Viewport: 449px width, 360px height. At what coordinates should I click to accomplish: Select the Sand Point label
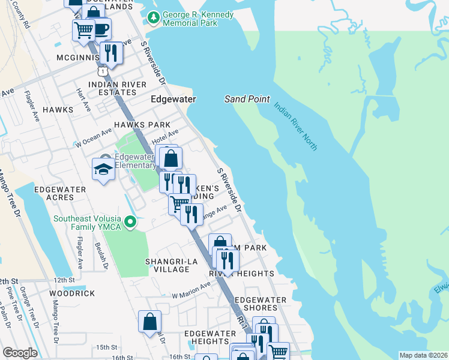click(247, 99)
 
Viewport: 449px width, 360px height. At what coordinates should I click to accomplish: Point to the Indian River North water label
click(295, 125)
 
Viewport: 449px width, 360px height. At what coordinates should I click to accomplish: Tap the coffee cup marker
click(100, 28)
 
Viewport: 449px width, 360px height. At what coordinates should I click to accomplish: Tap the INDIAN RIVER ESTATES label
click(117, 88)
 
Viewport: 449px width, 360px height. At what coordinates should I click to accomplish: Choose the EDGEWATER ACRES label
click(60, 193)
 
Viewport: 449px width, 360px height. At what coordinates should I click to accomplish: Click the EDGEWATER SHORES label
click(260, 304)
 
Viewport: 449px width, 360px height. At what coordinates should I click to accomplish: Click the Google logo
click(20, 353)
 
